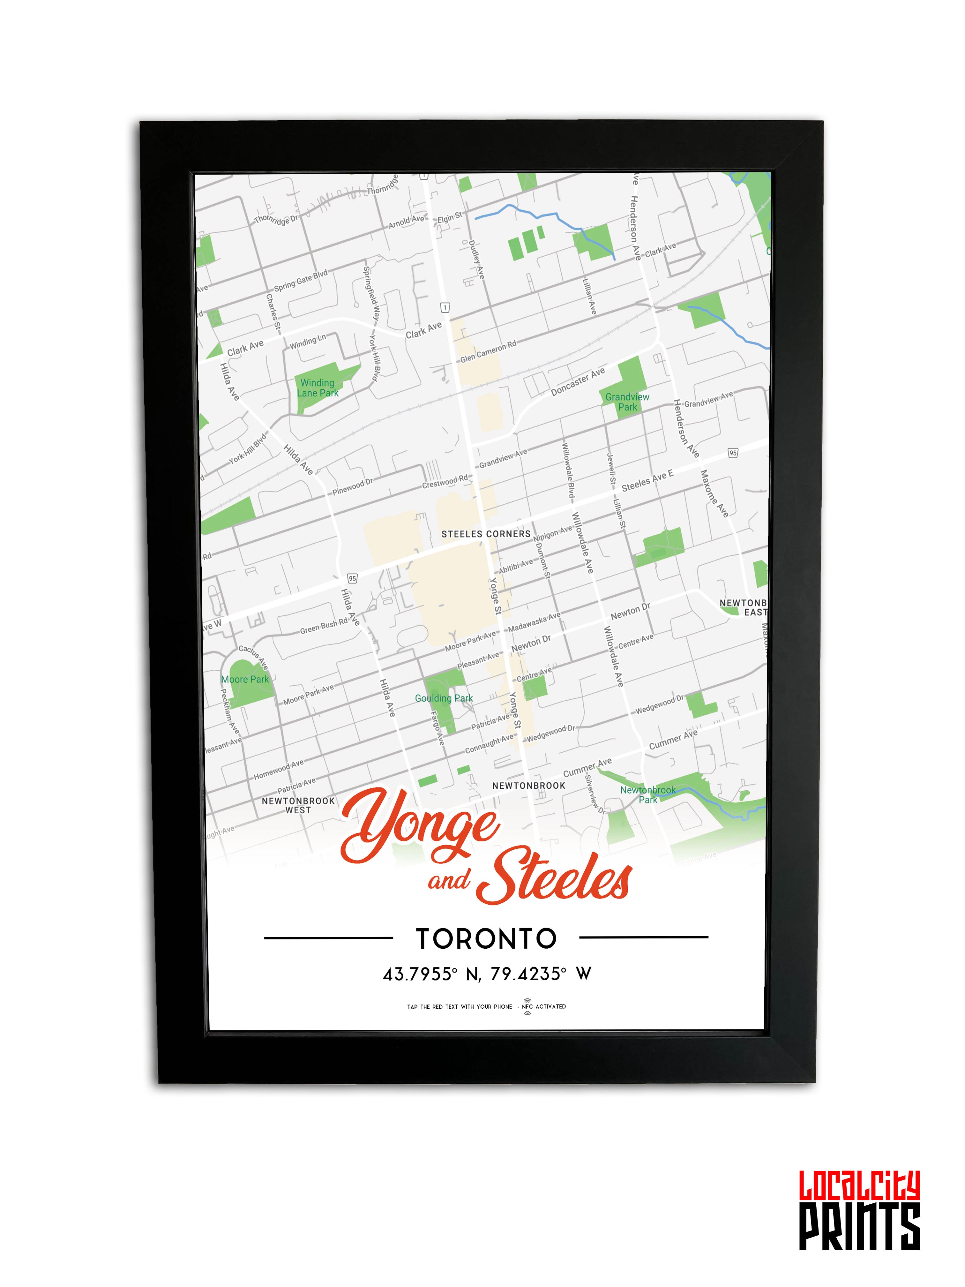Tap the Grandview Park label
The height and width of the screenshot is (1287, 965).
point(627,402)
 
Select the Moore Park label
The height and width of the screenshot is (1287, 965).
point(245,679)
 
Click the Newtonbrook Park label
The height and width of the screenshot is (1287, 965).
point(647,795)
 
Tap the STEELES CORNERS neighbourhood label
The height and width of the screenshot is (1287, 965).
point(486,533)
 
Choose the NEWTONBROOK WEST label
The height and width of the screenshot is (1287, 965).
point(298,805)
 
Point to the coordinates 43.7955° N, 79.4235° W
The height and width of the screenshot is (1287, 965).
point(486,974)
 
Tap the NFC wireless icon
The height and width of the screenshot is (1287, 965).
point(527,1006)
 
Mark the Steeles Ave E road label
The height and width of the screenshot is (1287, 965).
point(647,481)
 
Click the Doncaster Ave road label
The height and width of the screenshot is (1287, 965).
point(578,382)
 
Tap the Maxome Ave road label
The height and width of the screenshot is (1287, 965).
point(714,493)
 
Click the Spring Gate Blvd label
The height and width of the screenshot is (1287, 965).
point(301,281)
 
